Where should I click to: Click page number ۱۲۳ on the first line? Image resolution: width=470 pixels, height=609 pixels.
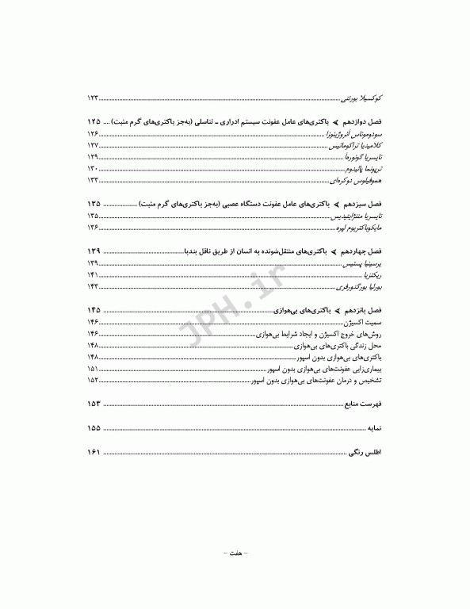click(x=93, y=98)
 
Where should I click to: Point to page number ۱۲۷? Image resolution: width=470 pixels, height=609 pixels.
click(x=93, y=147)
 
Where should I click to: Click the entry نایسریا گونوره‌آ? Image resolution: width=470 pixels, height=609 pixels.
click(x=360, y=158)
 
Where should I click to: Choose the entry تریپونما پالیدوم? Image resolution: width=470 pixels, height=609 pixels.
click(x=360, y=169)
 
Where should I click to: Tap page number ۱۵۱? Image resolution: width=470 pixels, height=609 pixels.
click(x=93, y=369)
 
